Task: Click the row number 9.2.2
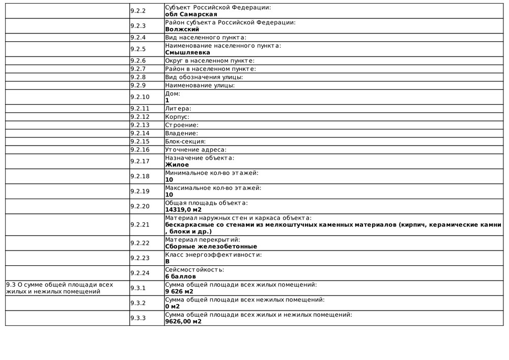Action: pyautogui.click(x=138, y=11)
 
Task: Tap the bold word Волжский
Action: pyautogui.click(x=182, y=30)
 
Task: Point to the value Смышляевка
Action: pyautogui.click(x=187, y=52)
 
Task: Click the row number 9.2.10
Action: pyautogui.click(x=140, y=97)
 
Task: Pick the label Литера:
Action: pyautogui.click(x=178, y=108)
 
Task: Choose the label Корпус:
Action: pyautogui.click(x=177, y=117)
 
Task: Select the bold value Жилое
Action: pyautogui.click(x=177, y=164)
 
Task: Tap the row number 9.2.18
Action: pyautogui.click(x=140, y=176)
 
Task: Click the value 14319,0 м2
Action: pyautogui.click(x=183, y=209)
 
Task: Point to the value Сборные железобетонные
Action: pyautogui.click(x=211, y=246)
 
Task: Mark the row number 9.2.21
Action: pyautogui.click(x=140, y=225)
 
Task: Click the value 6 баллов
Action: pyautogui.click(x=180, y=276)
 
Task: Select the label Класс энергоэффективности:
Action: pyautogui.click(x=213, y=255)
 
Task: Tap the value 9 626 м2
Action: pyautogui.click(x=179, y=292)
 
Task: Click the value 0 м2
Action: pyautogui.click(x=173, y=307)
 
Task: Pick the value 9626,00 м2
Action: pyautogui.click(x=183, y=321)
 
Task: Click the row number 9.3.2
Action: pyautogui.click(x=138, y=303)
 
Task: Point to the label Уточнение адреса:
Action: pyautogui.click(x=195, y=150)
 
